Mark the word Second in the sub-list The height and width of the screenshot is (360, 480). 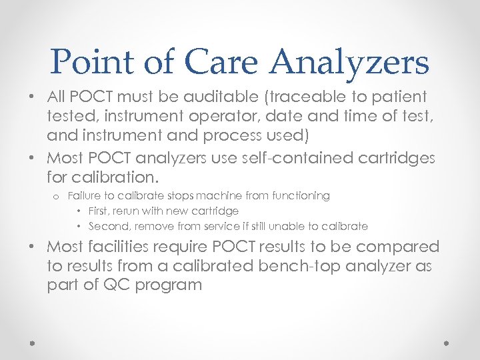pyautogui.click(x=107, y=226)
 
